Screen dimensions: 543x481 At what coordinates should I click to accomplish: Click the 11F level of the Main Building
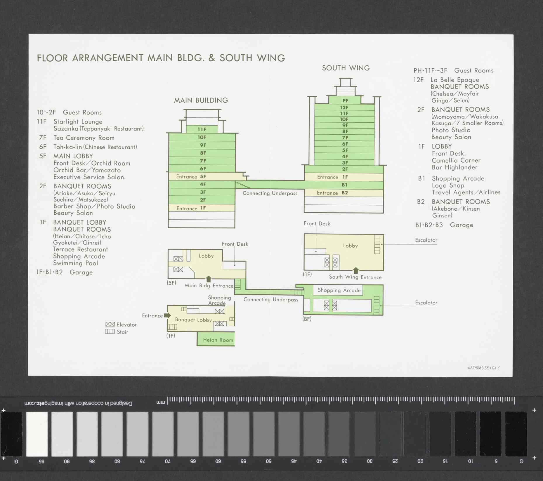tap(202, 129)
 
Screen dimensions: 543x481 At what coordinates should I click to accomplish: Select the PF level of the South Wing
tap(345, 100)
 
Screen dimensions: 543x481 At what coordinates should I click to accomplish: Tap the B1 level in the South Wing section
tap(344, 185)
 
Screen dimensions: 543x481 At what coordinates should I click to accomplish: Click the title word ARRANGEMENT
tap(107, 58)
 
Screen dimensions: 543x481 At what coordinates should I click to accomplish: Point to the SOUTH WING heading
tap(346, 68)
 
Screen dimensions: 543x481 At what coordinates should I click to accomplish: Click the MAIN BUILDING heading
tap(201, 100)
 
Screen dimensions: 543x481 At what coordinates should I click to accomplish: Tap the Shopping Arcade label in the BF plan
tap(339, 290)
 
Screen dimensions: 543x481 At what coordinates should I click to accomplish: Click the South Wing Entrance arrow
tap(356, 270)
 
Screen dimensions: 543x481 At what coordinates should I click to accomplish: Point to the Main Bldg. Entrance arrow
tap(209, 279)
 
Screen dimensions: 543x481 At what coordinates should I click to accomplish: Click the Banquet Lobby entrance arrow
tap(167, 315)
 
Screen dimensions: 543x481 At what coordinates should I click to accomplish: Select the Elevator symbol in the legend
tap(110, 324)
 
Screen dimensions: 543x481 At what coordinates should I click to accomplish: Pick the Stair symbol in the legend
tap(110, 331)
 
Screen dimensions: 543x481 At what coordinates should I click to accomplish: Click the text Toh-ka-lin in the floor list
tap(67, 147)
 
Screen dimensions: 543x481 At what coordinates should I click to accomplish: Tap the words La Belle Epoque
tap(455, 80)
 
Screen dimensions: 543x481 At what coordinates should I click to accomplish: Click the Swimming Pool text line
tap(76, 263)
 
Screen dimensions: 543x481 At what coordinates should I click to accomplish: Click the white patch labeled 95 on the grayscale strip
tap(37, 434)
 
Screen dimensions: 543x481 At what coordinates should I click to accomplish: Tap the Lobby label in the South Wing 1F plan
tap(351, 246)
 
